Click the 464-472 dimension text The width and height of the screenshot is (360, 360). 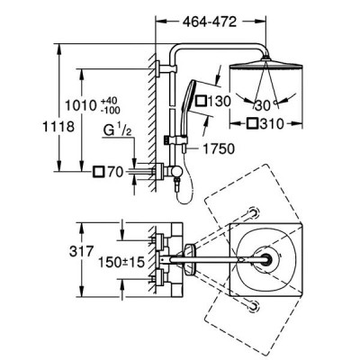point(210,22)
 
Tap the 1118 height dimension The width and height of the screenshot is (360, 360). point(58,126)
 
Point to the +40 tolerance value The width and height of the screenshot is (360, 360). point(111,100)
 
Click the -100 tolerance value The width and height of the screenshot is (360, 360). point(111,110)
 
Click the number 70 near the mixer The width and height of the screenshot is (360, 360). point(115,172)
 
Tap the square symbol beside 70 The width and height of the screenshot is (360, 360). point(98,172)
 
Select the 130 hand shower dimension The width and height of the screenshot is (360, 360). point(220,101)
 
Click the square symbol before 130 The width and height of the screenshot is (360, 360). point(201,101)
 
